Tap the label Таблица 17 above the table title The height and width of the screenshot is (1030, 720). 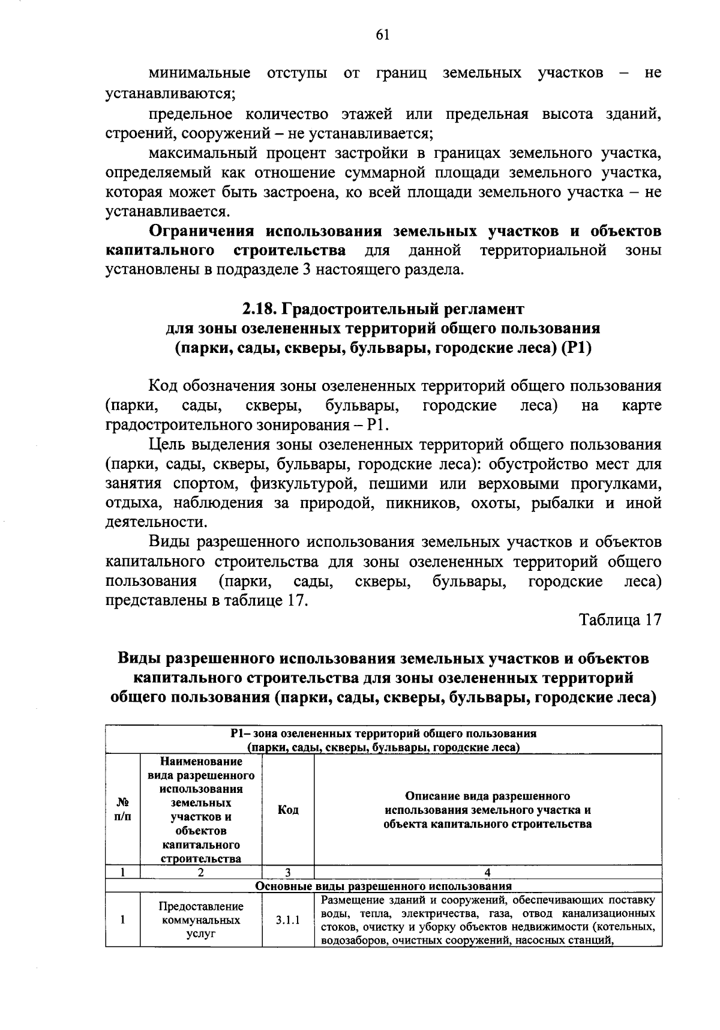coord(620,620)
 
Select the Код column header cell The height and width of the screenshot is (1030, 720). coord(288,810)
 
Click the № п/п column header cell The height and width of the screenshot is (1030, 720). coord(122,810)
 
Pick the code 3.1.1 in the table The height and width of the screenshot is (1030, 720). coord(288,920)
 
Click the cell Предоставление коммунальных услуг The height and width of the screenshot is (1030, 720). coord(201,920)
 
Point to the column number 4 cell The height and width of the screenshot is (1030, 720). coord(487,873)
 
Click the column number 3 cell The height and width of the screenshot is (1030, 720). coord(288,873)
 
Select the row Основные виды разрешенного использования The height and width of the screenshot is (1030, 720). coord(383,886)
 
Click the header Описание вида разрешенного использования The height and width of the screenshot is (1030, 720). coord(487,810)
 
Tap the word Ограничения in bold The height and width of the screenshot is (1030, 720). coord(201,231)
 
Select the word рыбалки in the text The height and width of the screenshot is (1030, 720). coord(563,503)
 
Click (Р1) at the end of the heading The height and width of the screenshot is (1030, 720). coord(576,348)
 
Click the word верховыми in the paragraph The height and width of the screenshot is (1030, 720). coord(514,484)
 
